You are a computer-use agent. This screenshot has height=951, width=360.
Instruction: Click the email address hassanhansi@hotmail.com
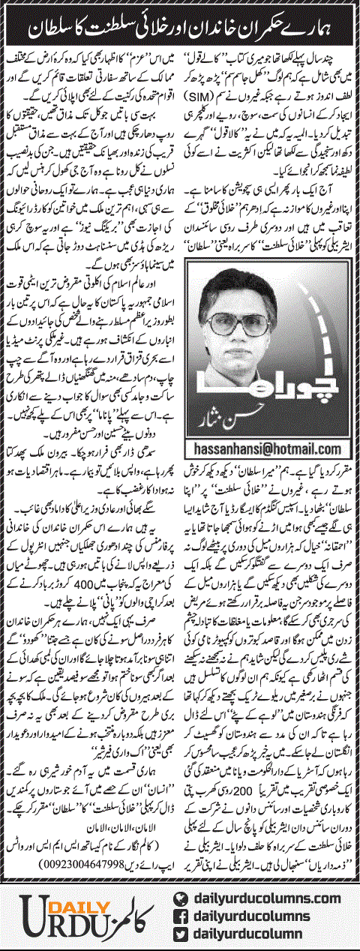tap(271, 448)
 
